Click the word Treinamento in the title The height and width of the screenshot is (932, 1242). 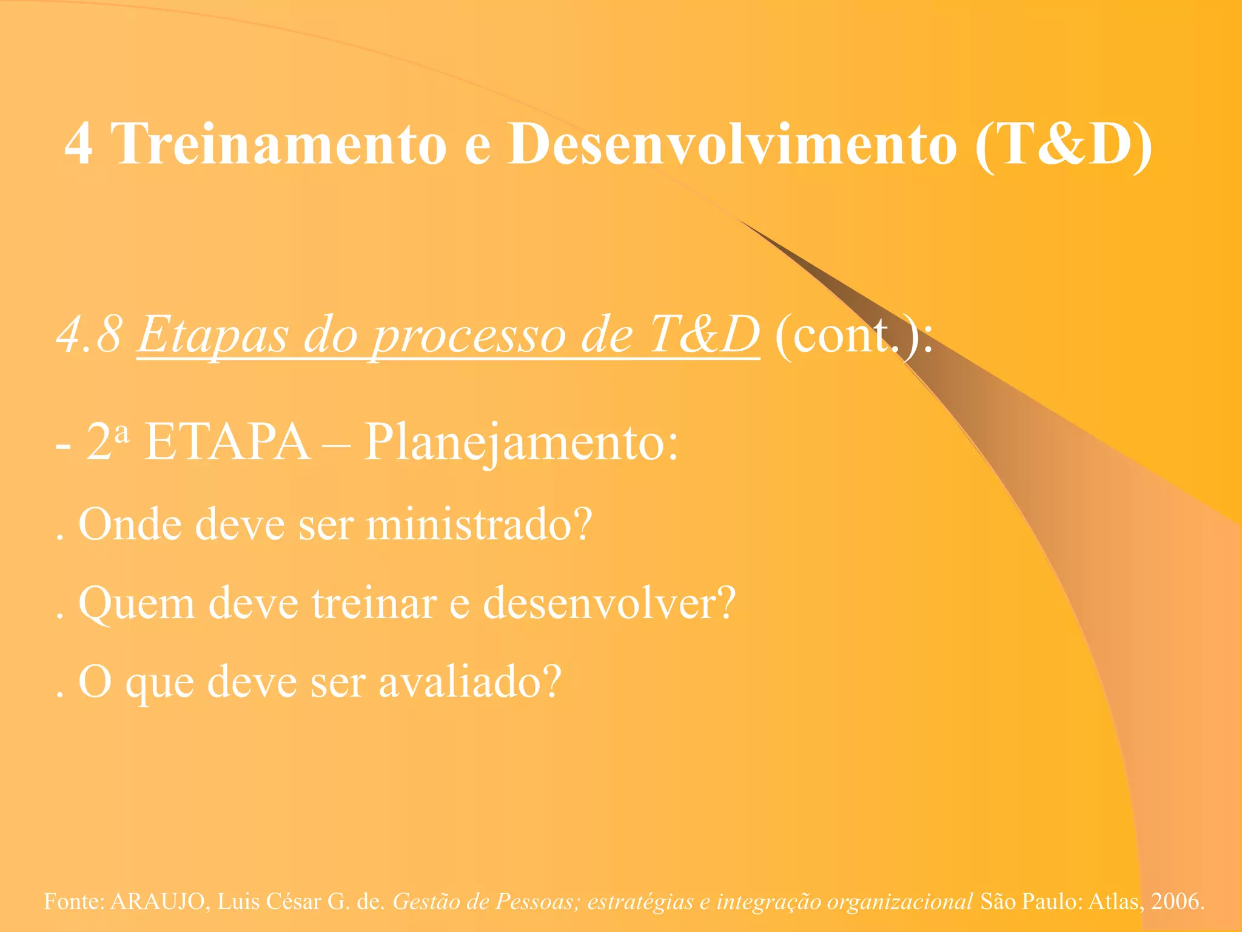click(x=280, y=144)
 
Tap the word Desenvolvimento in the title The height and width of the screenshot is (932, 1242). click(x=733, y=144)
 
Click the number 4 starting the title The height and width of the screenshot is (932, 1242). click(x=79, y=145)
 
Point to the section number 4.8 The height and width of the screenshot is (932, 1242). click(x=89, y=335)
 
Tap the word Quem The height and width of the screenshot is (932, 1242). click(x=136, y=604)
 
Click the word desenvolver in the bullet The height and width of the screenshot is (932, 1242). click(x=609, y=603)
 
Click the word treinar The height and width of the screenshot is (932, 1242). click(x=374, y=603)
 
